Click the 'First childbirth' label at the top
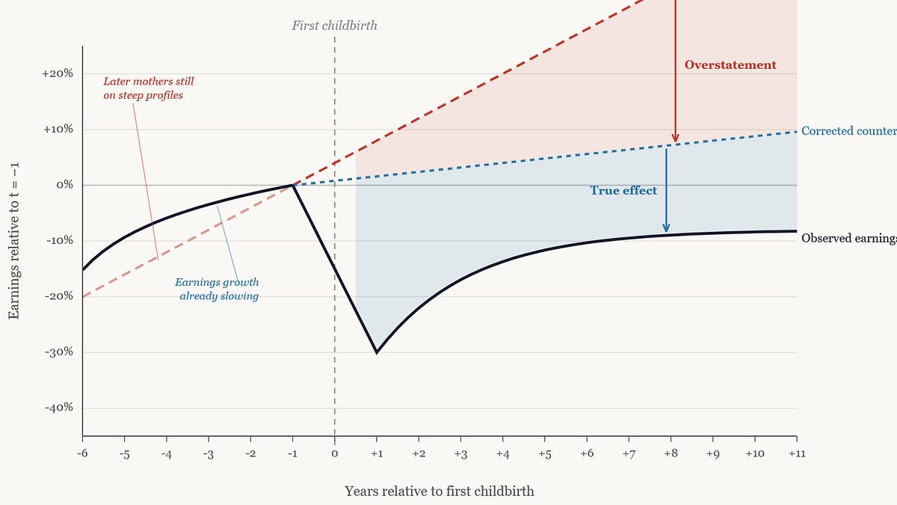click(x=334, y=25)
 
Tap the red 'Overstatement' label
click(x=730, y=65)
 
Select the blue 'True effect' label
click(x=623, y=191)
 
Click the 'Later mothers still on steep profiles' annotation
click(x=148, y=88)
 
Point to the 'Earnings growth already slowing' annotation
click(x=217, y=289)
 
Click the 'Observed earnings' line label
click(x=848, y=239)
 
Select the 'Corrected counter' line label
click(x=848, y=131)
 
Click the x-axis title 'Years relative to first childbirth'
click(x=440, y=492)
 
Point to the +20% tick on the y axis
click(x=58, y=73)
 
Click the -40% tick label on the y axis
click(x=58, y=408)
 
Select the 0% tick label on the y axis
click(x=63, y=185)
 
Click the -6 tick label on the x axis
click(x=82, y=454)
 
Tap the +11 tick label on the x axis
click(x=796, y=454)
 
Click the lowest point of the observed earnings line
click(x=377, y=352)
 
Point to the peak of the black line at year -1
click(x=293, y=185)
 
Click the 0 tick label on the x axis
click(x=334, y=454)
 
